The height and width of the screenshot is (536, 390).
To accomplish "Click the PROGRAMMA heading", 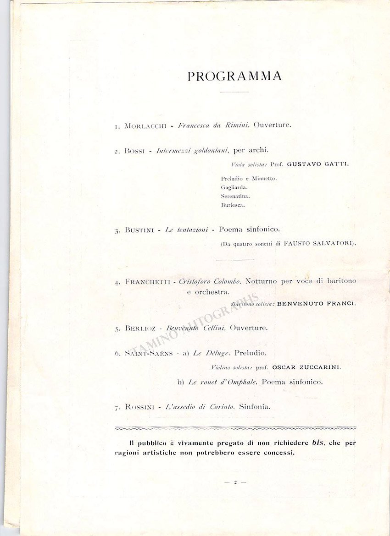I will (x=234, y=76).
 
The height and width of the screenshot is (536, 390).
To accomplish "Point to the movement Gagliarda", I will (x=234, y=187).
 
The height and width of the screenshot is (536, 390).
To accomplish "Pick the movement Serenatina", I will (x=235, y=196).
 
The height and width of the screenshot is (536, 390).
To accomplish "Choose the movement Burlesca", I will (x=233, y=205).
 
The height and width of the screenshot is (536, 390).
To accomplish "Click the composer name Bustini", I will (x=138, y=230).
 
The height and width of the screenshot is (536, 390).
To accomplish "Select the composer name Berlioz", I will (x=139, y=328).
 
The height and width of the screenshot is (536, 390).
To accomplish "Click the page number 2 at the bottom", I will (x=234, y=482).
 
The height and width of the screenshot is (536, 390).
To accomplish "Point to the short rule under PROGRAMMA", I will (x=234, y=92).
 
